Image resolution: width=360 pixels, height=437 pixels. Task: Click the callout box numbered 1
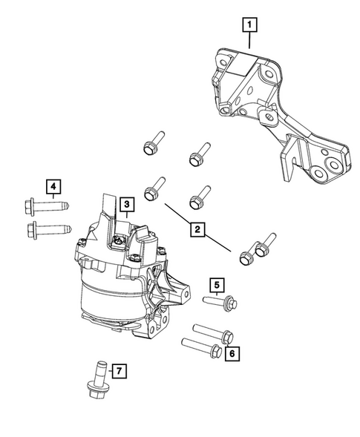(250, 26)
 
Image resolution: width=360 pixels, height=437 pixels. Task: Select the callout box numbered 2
(197, 230)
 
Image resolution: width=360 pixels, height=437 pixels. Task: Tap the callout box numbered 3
(127, 203)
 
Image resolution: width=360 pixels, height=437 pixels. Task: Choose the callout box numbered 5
(216, 284)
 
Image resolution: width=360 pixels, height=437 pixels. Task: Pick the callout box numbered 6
(232, 354)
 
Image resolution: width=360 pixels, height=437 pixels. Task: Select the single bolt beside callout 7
(96, 379)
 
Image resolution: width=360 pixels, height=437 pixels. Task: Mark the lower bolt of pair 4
(45, 228)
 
